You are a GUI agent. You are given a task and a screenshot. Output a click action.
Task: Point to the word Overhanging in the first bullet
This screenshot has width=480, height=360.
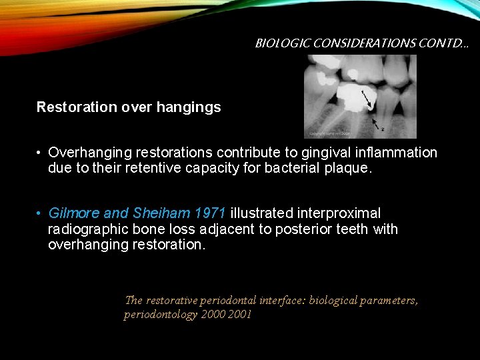click(89, 153)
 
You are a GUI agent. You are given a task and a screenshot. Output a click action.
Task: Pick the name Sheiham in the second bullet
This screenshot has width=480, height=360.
click(161, 213)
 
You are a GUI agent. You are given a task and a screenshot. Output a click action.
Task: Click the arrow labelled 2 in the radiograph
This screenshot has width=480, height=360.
click(377, 123)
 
